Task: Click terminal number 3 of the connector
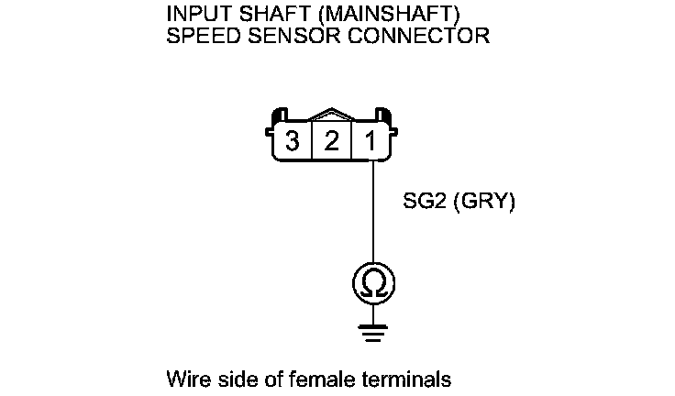point(293,142)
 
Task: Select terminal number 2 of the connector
point(331,142)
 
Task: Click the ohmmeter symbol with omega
point(373,285)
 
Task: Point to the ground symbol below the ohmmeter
point(373,332)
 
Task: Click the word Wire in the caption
point(184,379)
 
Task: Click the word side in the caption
point(231,379)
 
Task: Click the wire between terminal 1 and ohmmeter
point(373,211)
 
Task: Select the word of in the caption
point(265,379)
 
